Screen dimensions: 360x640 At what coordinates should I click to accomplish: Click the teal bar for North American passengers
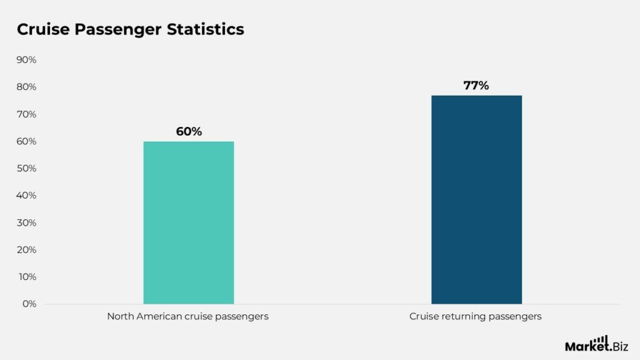[x=188, y=222]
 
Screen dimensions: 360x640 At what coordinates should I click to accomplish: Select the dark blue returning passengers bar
[x=476, y=199]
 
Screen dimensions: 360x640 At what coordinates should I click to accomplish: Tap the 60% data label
[x=189, y=132]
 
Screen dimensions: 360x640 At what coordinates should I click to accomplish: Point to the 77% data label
[x=476, y=86]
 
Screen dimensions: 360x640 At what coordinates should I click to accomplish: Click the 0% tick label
[x=29, y=304]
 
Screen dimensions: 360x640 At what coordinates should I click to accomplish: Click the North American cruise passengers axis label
[x=187, y=316]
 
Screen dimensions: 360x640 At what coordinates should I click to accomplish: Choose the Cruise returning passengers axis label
[x=476, y=316]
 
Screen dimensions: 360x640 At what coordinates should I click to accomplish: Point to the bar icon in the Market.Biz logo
[x=602, y=339]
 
